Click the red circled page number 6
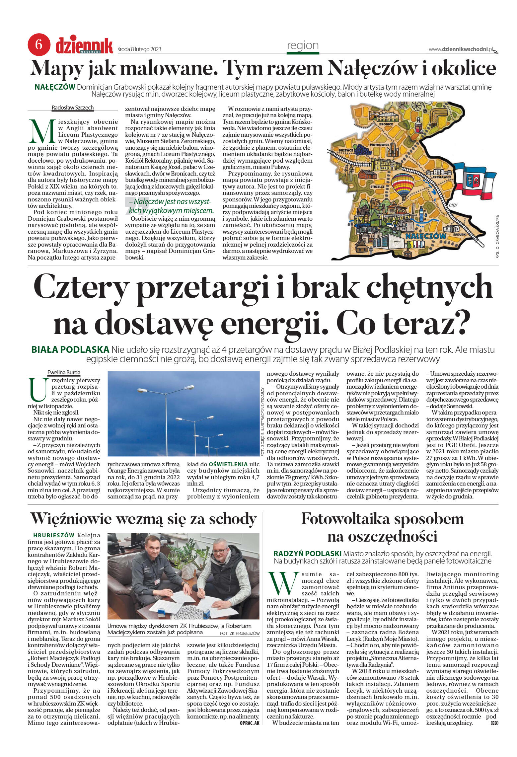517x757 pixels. pos(39,45)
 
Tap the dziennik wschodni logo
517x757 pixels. pos(84,46)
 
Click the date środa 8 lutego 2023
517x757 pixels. pos(139,49)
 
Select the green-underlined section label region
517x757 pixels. pos(303,45)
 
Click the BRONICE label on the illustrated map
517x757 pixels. pos(386,124)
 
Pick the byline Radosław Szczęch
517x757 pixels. pos(73,108)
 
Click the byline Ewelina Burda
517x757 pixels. pos(64,372)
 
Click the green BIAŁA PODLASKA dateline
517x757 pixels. pos(70,349)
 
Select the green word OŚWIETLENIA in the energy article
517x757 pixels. pos(228,464)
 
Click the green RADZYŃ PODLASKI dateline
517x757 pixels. pos(307,554)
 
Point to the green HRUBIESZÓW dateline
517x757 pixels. pos(54,535)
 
